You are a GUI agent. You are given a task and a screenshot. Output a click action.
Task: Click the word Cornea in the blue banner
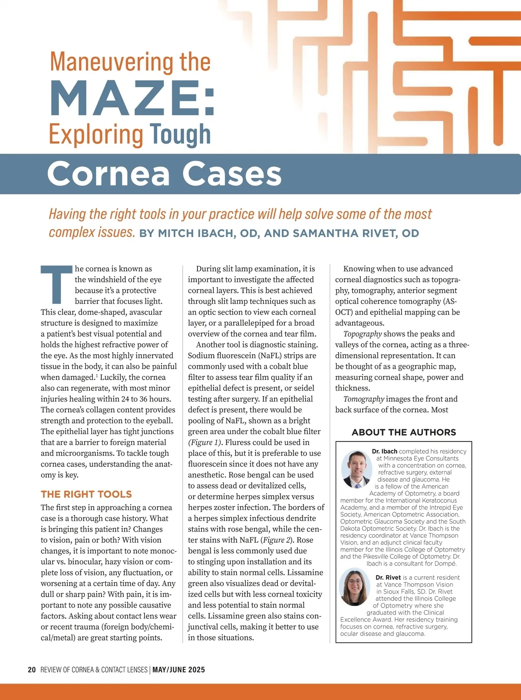coord(108,174)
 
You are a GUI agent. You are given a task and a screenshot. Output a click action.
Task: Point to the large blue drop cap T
coord(56,284)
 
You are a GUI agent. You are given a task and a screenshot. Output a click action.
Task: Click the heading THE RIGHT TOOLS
coord(86,494)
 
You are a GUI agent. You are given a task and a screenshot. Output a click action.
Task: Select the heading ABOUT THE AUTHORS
coord(404,432)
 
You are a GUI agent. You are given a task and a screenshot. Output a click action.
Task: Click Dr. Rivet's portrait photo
coord(355,588)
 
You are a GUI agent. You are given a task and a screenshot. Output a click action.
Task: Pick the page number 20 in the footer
coord(32,670)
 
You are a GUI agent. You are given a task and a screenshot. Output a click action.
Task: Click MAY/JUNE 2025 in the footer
coord(178,670)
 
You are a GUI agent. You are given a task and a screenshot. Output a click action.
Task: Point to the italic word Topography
coord(363,334)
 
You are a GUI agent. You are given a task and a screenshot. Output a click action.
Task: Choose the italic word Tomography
coord(363,399)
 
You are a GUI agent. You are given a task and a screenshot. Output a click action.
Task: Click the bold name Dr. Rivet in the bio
coord(388,578)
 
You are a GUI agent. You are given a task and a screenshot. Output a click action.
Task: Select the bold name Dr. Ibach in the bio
coord(385,451)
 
